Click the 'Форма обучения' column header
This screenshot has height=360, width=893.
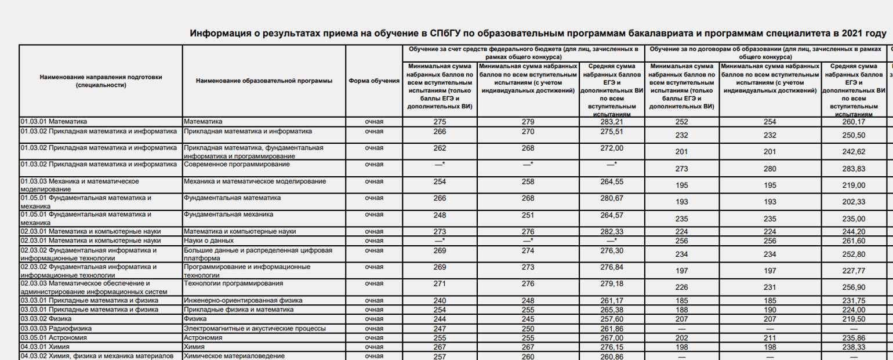coord(374,81)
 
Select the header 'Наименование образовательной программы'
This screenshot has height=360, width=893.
coord(264,81)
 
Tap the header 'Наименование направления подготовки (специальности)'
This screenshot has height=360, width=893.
coord(101,81)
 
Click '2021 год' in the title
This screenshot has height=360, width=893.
coord(863,34)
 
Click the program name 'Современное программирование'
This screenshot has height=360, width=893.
coord(237,165)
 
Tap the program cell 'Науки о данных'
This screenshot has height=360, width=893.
coord(209,240)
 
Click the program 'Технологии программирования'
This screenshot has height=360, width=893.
coord(233,283)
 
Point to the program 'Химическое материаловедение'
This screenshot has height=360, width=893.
coord(234,356)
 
